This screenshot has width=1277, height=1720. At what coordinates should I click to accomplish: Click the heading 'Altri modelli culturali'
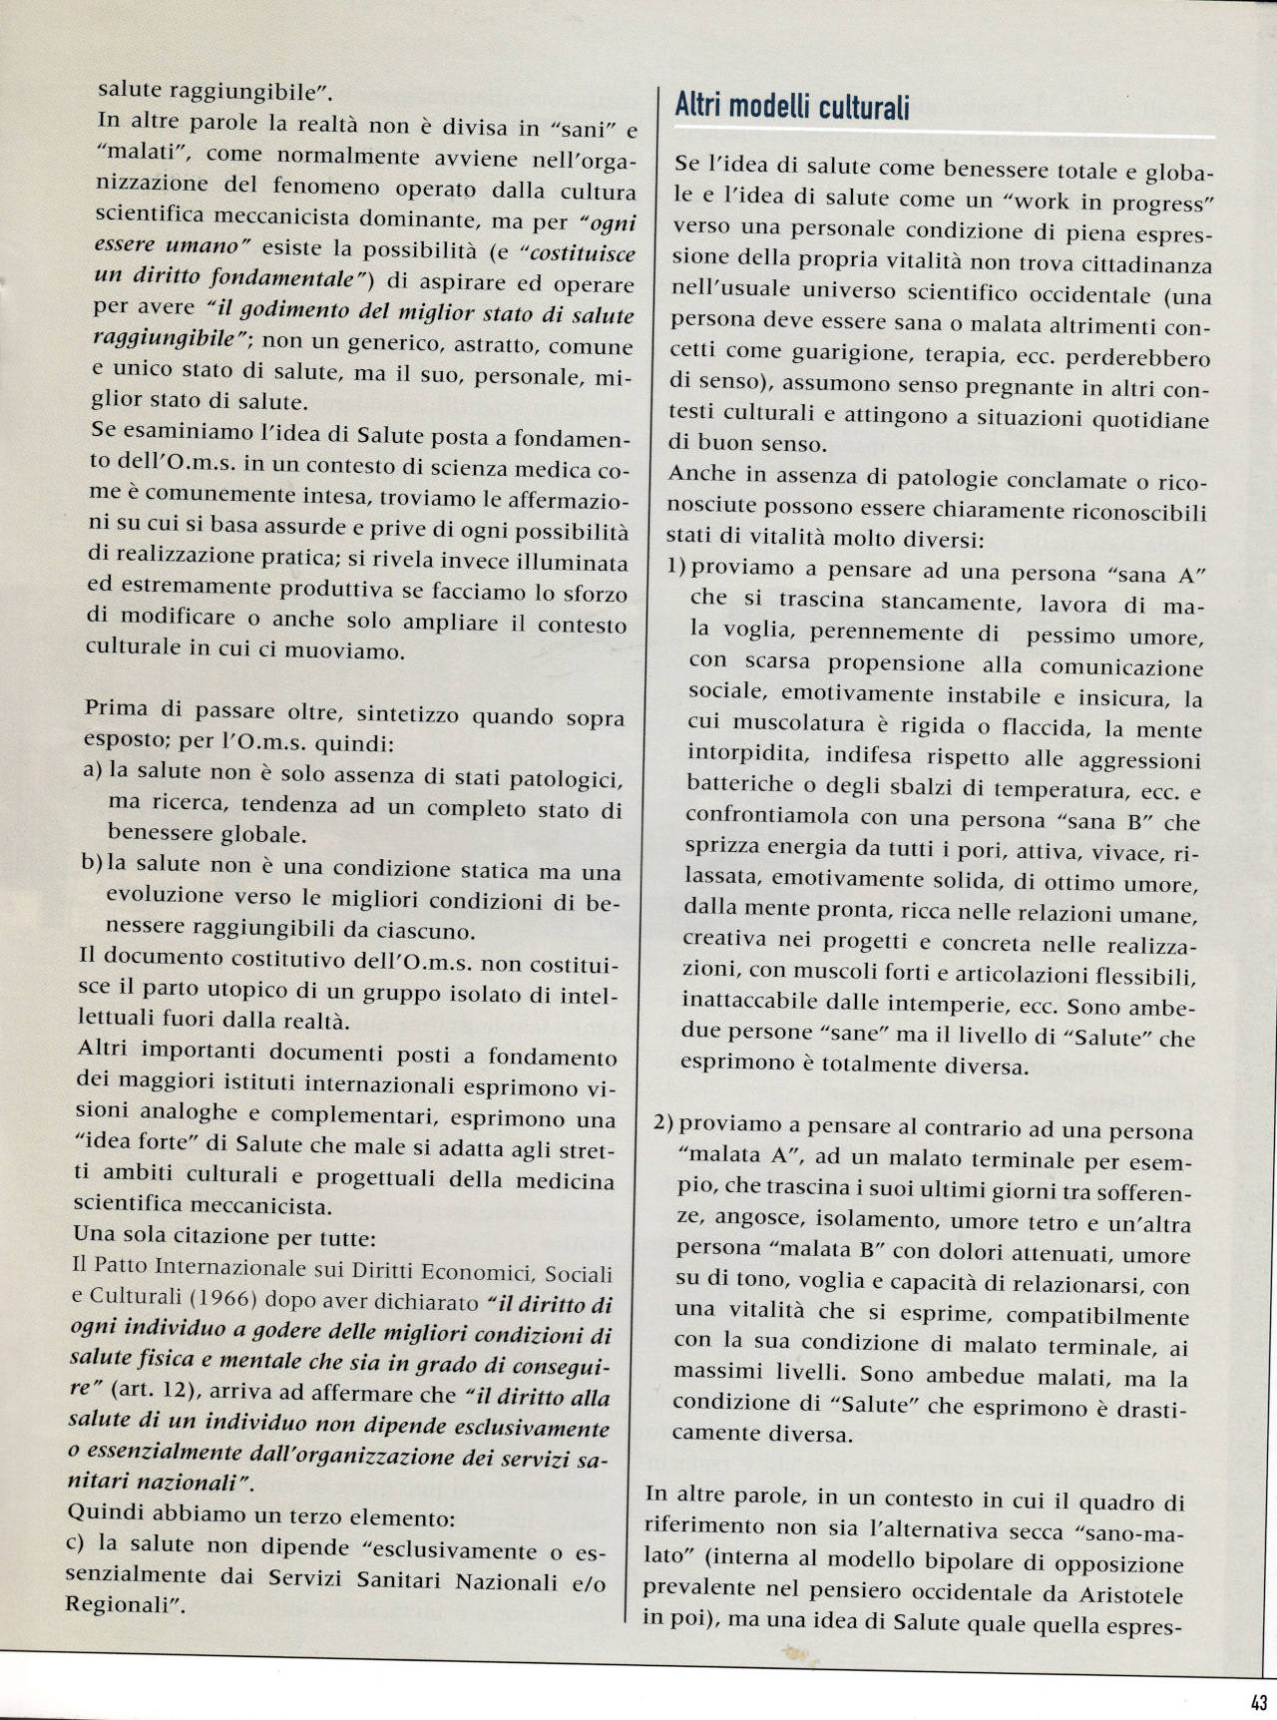pos(792,107)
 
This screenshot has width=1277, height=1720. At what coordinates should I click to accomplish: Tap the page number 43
pos(1258,1702)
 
